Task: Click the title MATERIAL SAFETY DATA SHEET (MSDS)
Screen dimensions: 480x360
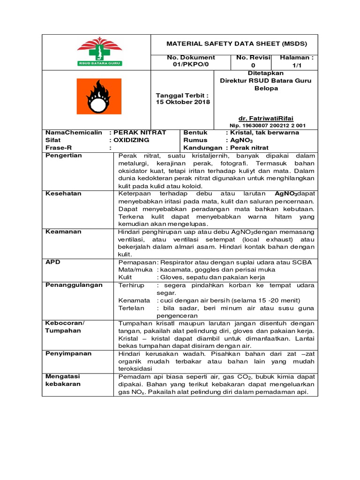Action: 237,44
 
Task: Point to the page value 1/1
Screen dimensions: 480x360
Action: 296,66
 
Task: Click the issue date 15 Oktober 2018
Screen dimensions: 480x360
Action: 183,102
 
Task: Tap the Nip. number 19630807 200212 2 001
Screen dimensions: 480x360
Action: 268,126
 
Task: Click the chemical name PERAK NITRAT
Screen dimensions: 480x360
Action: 139,133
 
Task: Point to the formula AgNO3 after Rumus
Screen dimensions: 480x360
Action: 240,140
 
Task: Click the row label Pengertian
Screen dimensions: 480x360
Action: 64,156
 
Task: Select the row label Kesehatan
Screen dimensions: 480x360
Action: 63,193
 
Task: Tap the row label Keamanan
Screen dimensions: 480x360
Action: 63,232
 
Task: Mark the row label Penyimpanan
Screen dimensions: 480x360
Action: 68,353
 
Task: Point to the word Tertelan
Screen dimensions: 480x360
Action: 132,308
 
